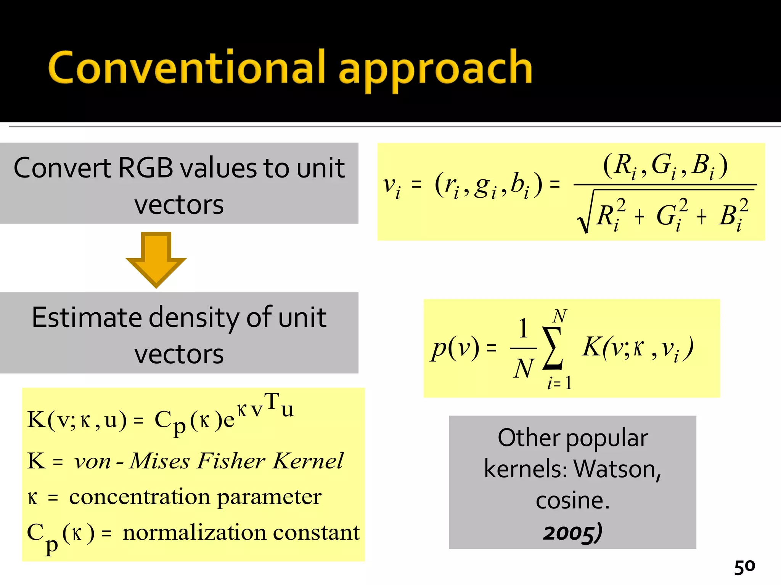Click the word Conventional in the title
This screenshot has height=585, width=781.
pos(187,68)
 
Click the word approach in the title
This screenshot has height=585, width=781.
pos(435,70)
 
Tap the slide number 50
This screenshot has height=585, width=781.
pos(744,567)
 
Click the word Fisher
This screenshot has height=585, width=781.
pos(231,461)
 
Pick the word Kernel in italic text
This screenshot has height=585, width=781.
pos(308,461)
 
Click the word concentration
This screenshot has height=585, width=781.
pos(140,497)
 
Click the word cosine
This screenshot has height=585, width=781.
pos(572,500)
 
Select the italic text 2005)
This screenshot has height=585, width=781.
pos(573,532)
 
